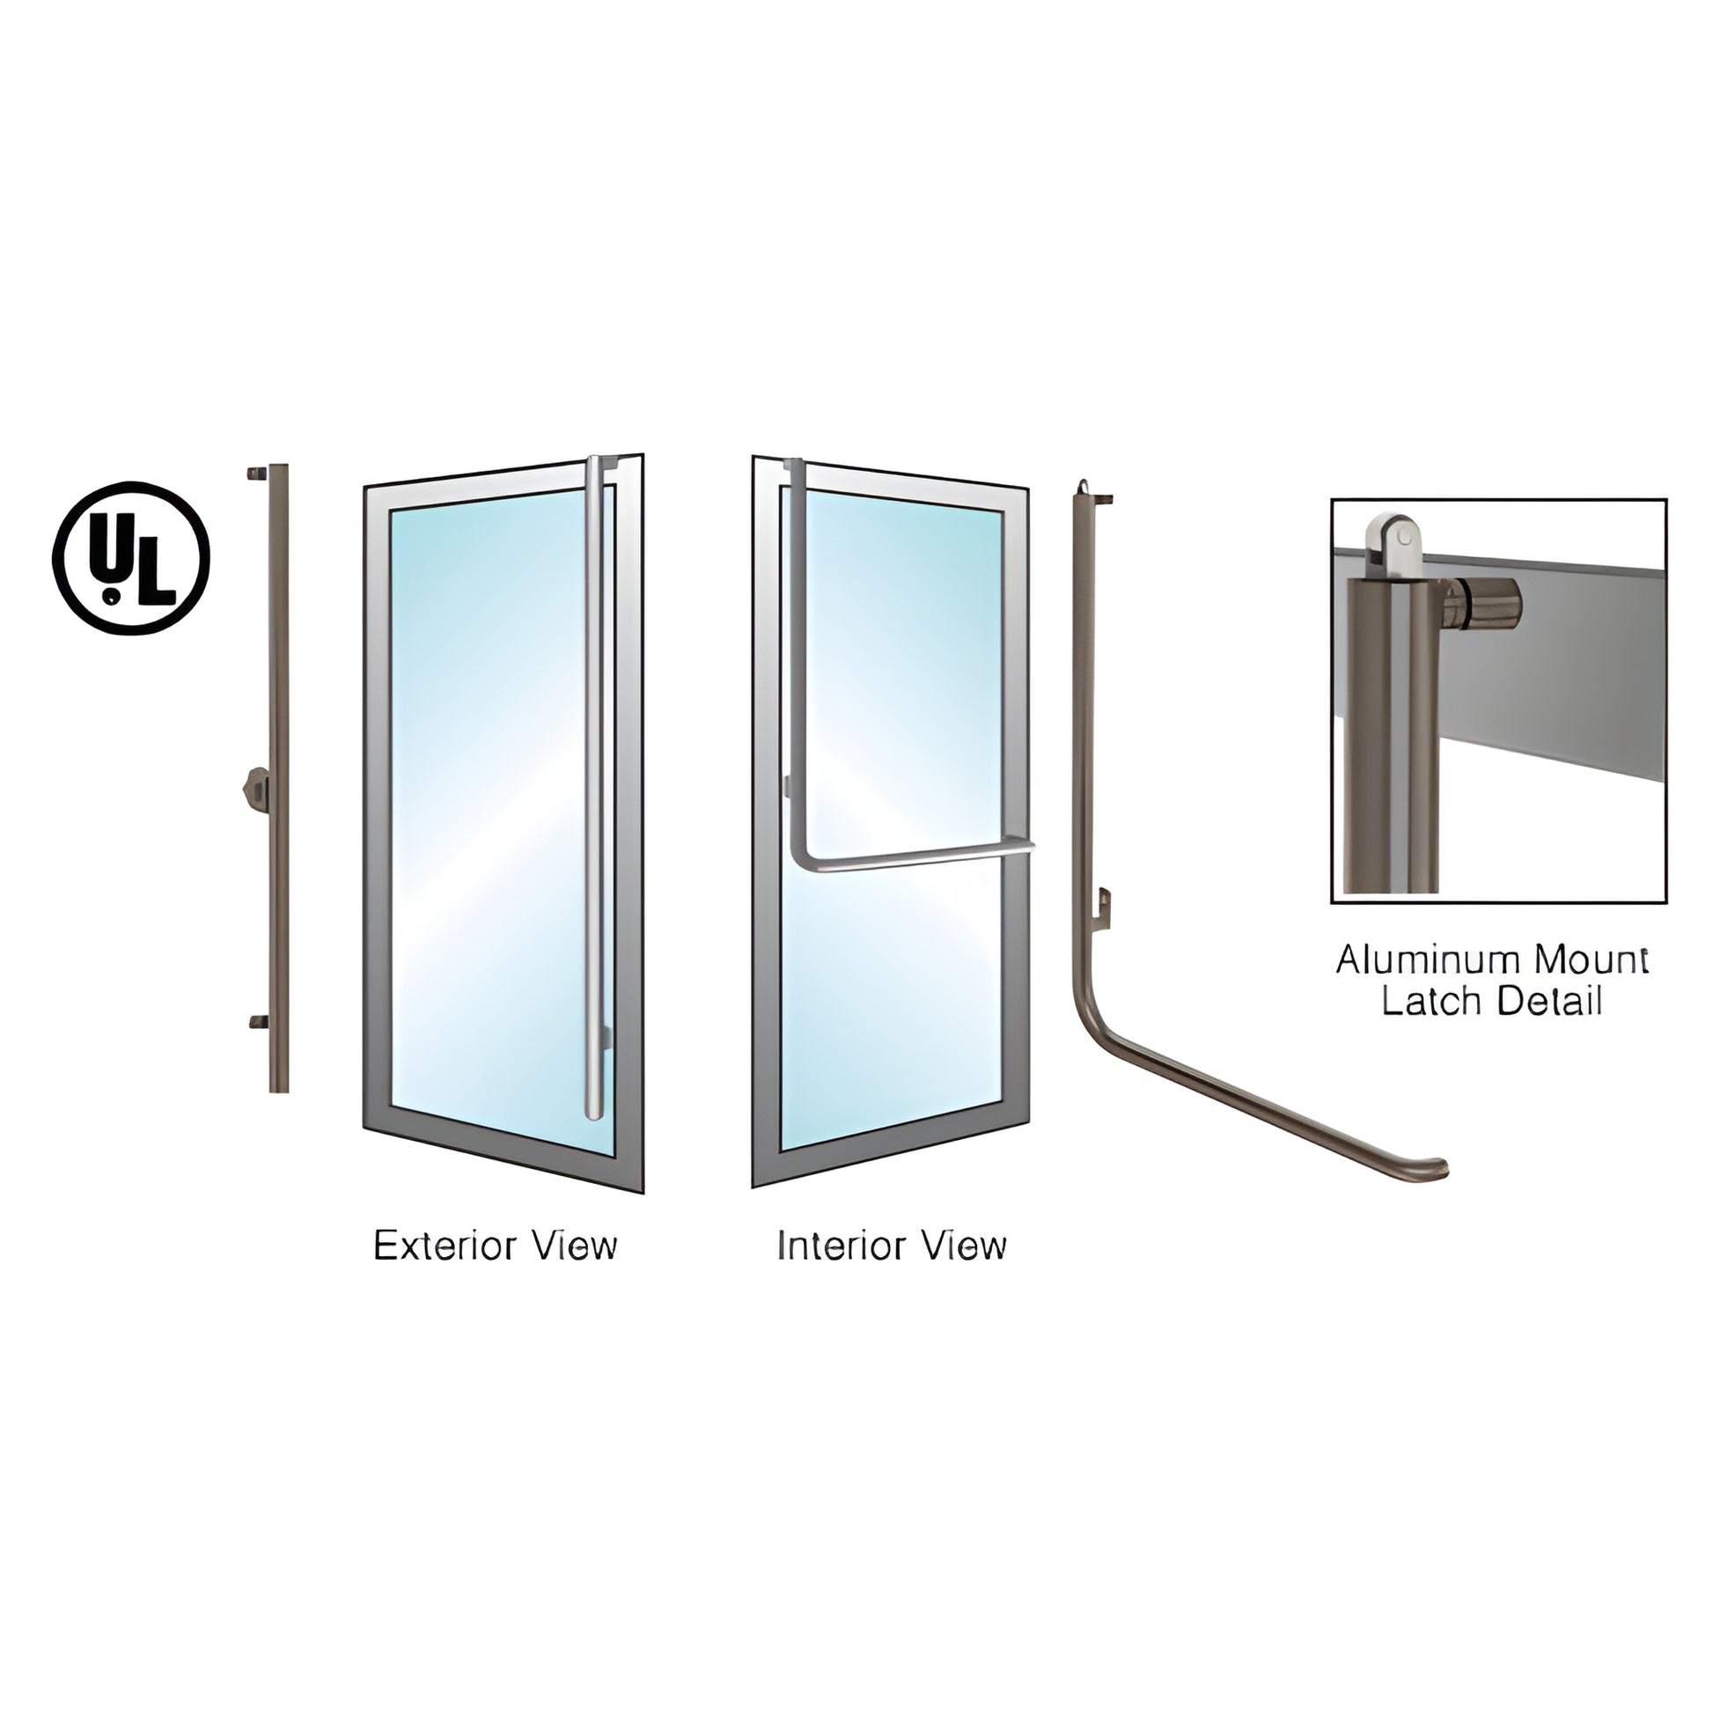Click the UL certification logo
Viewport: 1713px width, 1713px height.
132,558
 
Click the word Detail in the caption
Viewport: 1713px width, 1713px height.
1549,1002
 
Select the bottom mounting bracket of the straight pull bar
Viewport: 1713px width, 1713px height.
258,1022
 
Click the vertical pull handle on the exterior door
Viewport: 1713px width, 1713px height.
594,788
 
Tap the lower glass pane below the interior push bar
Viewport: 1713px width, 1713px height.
893,1002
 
